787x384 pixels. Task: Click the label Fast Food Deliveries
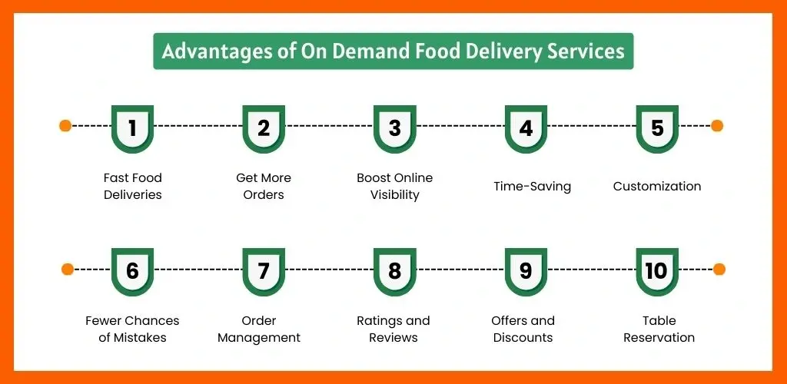133,186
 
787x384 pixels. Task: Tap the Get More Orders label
264,186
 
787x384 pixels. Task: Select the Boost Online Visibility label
395,186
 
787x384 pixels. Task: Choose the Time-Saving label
532,186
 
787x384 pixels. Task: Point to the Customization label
657,186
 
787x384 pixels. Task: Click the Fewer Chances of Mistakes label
132,329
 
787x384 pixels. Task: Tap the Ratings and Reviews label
393,329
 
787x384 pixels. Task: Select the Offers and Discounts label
523,329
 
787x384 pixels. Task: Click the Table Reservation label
659,329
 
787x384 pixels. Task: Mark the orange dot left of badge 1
65,125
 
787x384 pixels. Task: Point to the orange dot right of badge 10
719,269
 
